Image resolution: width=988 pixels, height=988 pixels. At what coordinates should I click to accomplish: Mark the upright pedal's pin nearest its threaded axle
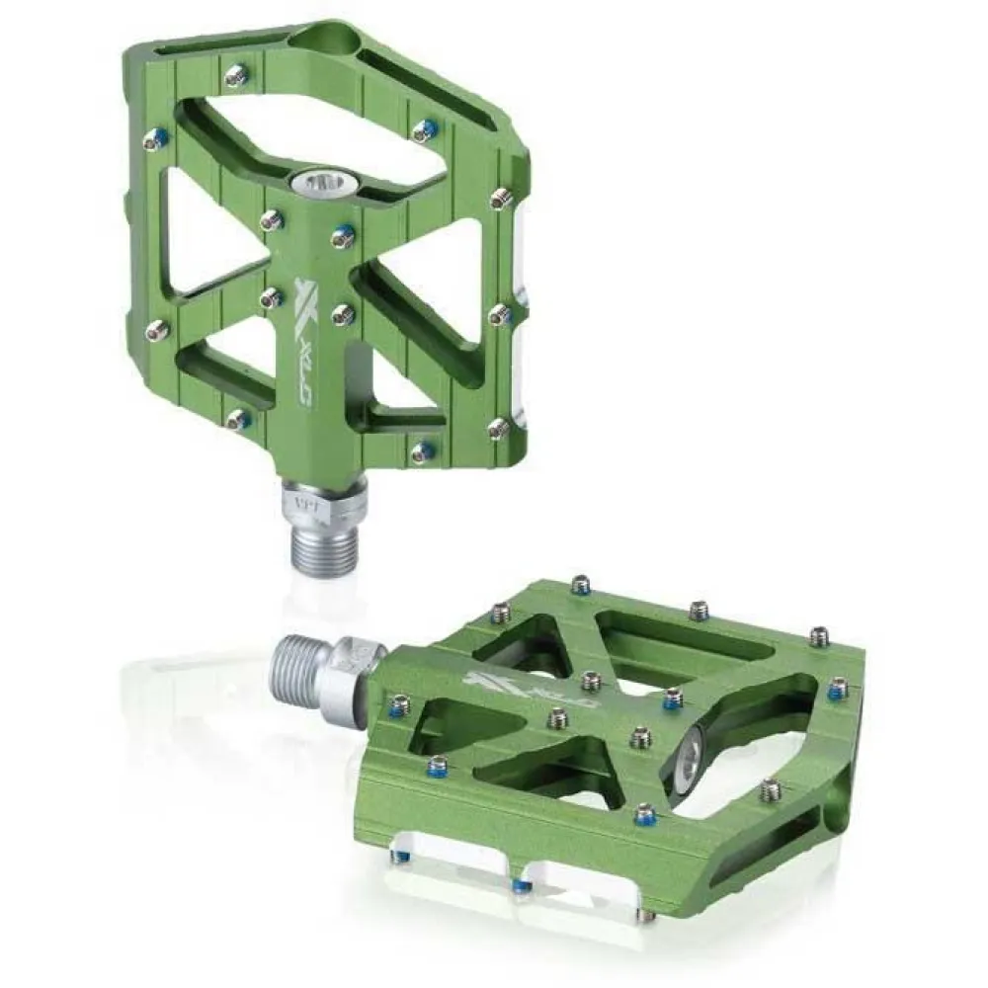[x=422, y=452]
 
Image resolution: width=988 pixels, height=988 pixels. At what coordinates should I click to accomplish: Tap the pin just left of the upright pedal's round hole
[x=236, y=74]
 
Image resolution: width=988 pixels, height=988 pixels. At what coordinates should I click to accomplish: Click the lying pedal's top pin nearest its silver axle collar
[x=399, y=704]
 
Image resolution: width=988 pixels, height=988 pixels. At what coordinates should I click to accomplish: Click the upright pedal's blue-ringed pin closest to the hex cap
[x=343, y=235]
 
